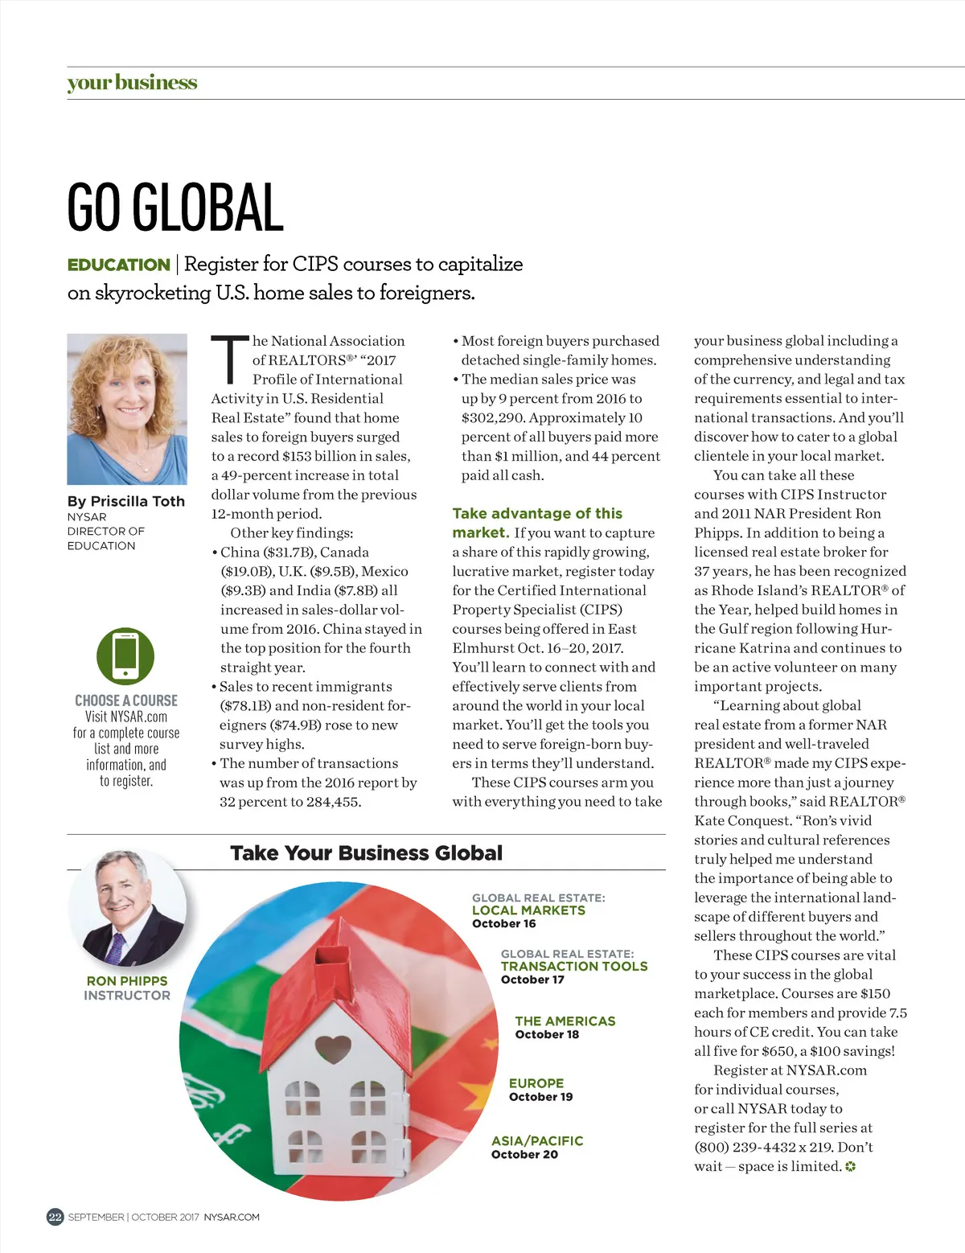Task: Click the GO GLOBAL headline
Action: coord(175,207)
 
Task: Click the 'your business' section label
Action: coord(132,83)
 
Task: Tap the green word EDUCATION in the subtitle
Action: coord(118,265)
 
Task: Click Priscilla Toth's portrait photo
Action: coord(127,409)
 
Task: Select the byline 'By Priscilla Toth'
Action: coord(126,501)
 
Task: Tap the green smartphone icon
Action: coord(125,655)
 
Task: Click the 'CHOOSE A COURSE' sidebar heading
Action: coord(126,700)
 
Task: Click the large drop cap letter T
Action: coord(229,360)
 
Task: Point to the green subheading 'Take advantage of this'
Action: coord(537,513)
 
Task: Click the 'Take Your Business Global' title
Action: coord(366,853)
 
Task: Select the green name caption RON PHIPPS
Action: coord(127,981)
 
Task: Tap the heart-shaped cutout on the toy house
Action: coord(332,1048)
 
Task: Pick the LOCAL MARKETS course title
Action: coord(528,910)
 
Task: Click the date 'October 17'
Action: coord(532,980)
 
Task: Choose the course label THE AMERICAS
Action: coord(565,1021)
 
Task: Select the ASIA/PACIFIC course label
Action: coord(537,1140)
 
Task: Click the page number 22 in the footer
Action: coord(55,1217)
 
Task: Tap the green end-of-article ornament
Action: coord(850,1167)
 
